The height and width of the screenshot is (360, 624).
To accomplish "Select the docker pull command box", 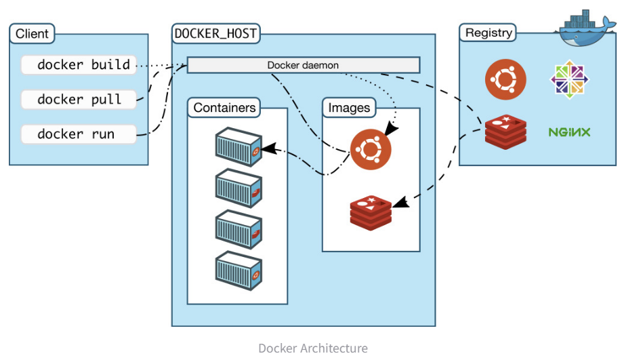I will (79, 99).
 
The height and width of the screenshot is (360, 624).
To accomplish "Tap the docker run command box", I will (79, 134).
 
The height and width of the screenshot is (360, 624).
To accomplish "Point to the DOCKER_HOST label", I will (216, 33).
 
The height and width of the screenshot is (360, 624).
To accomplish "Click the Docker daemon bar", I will (303, 65).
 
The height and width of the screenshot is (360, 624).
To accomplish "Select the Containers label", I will (225, 107).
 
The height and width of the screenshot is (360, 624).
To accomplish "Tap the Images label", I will (349, 107).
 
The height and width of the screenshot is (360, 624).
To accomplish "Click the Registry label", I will (488, 33).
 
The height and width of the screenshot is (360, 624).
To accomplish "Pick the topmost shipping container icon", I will (238, 145).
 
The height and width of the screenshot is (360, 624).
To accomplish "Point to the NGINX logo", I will (569, 132).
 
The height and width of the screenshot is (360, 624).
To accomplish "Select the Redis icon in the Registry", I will (505, 132).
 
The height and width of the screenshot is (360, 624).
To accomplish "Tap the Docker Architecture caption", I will (312, 348).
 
